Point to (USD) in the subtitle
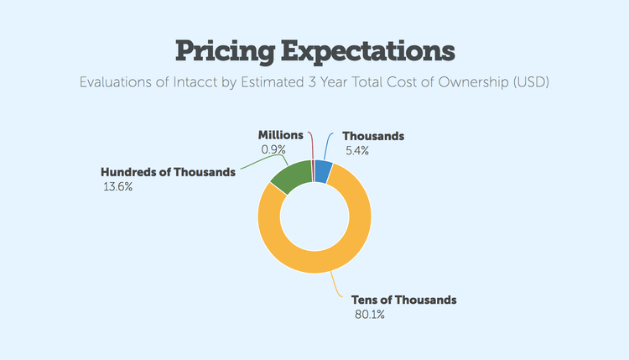(529, 84)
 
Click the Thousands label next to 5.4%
(374, 136)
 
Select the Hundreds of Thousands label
(168, 173)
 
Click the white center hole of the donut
(314, 222)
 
